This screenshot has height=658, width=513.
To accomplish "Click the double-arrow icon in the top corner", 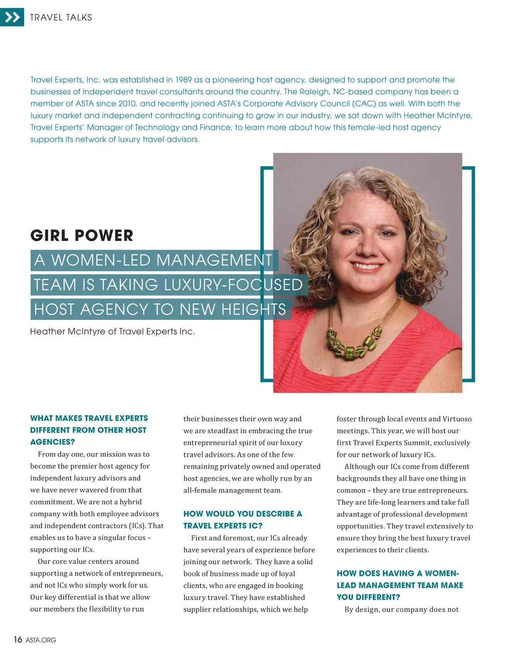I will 12,18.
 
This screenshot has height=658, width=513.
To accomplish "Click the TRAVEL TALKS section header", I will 61,18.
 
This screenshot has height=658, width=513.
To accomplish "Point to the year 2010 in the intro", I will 126,104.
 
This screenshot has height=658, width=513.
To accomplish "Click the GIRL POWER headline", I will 82,235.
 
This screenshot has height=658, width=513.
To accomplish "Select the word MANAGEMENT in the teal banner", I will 214,260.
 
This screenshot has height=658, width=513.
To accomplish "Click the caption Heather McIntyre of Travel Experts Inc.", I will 112,332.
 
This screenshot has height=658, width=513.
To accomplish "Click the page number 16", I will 18,639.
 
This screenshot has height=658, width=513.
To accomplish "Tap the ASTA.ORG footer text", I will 41,640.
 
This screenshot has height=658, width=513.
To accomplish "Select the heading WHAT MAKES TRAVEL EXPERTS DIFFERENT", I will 89,430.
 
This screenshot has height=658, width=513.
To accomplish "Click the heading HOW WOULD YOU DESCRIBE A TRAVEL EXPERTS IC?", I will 242,520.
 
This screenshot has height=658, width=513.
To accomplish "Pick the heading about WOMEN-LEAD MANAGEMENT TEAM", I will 400,585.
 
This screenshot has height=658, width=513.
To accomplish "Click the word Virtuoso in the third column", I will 457,419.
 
